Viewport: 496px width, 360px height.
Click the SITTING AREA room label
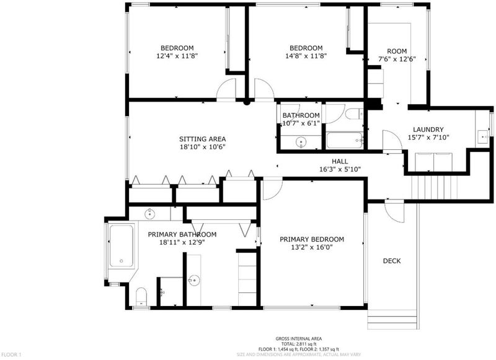tap(203, 139)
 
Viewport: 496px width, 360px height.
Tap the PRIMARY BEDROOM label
tap(312, 239)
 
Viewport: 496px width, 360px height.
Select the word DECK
tap(392, 261)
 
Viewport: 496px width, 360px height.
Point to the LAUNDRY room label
tap(428, 130)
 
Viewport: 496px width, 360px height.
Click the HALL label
tap(340, 161)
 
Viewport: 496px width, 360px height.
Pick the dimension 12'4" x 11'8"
tap(177, 56)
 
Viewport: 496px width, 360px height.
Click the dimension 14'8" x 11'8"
tap(306, 56)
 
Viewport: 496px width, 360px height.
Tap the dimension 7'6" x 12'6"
tap(397, 59)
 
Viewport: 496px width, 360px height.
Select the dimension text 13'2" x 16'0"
tap(312, 247)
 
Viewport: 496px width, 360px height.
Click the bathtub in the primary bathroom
tap(121, 246)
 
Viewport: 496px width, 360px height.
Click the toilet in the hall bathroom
tap(353, 114)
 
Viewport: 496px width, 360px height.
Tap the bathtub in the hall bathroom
tap(345, 140)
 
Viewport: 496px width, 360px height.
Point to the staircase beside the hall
tap(435, 187)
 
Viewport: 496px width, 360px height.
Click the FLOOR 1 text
tap(11, 354)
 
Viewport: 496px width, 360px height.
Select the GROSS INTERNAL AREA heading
tap(299, 339)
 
